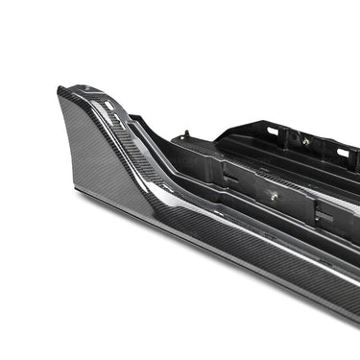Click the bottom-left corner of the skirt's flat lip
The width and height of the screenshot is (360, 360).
[x=77, y=191]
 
